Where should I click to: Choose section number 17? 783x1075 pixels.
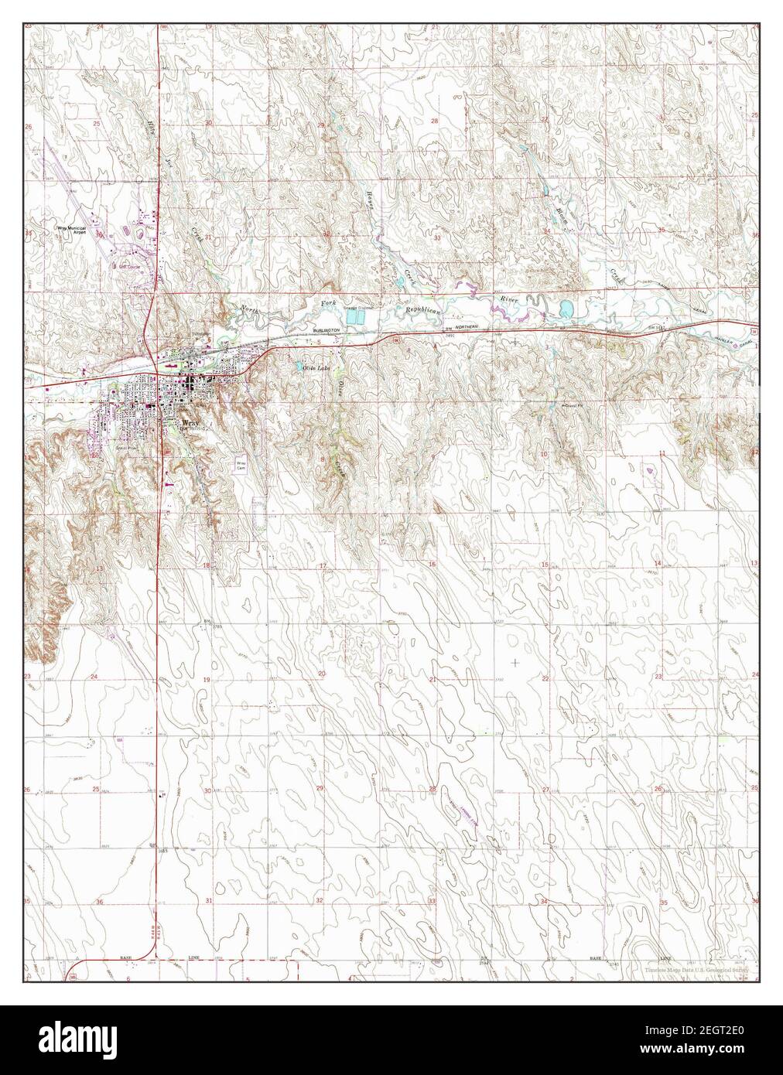click(323, 566)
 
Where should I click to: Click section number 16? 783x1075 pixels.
click(432, 565)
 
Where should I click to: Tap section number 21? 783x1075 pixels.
click(433, 679)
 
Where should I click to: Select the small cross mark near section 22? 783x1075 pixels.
click(515, 662)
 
